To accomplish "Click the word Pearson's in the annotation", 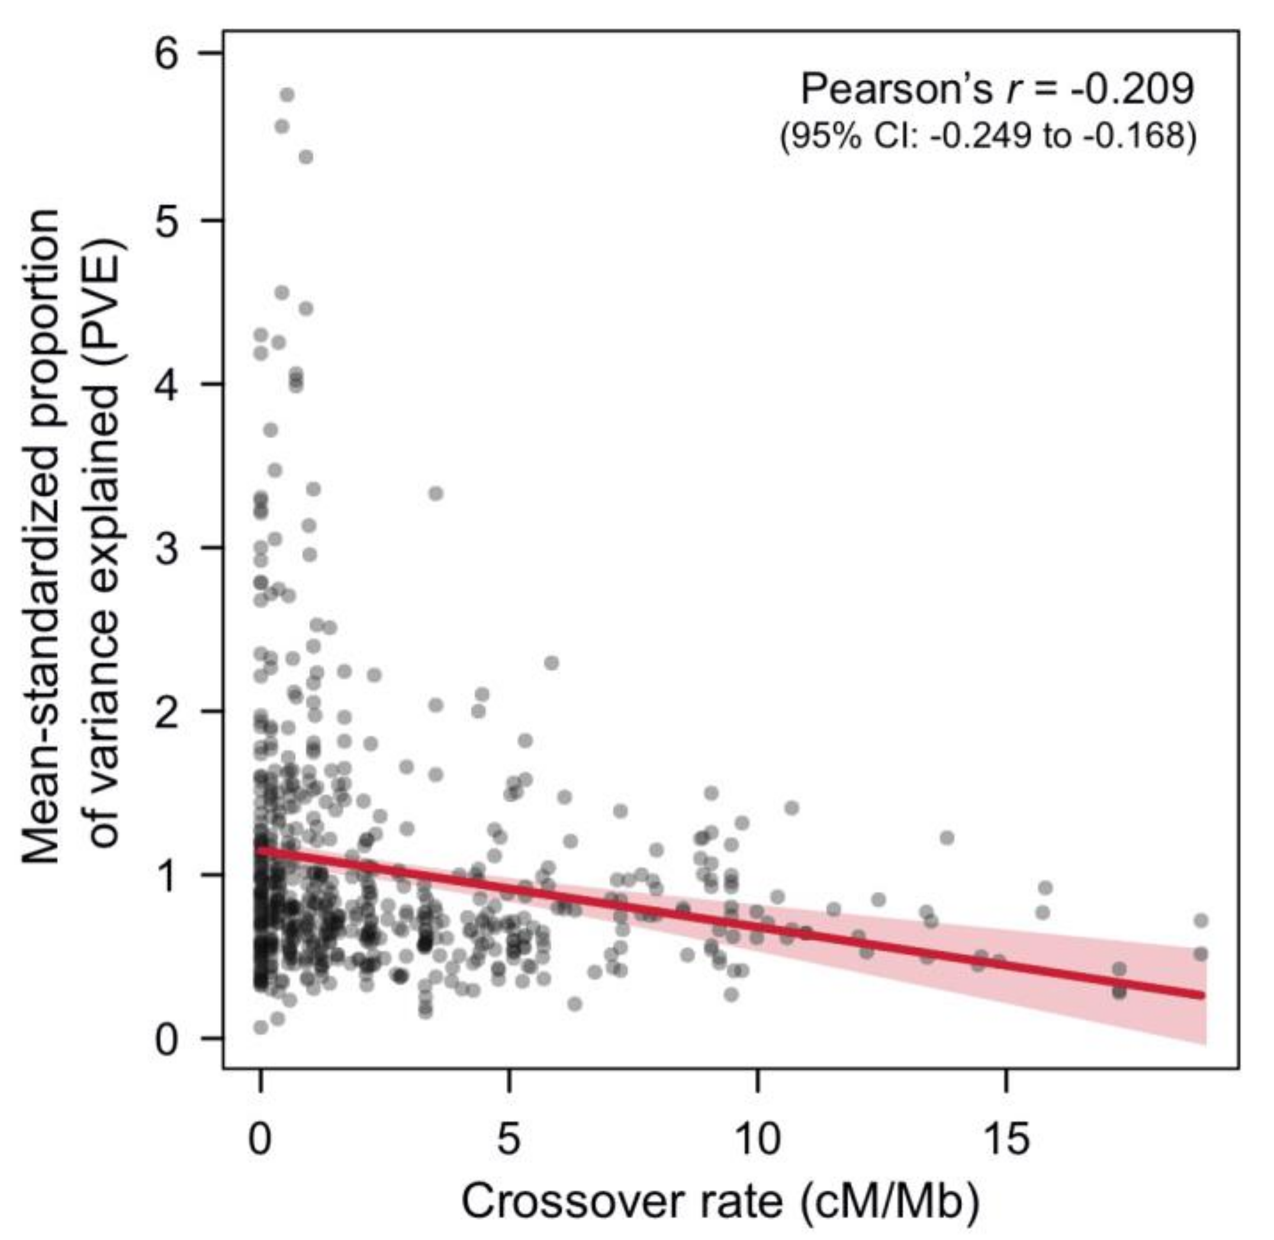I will pyautogui.click(x=895, y=89).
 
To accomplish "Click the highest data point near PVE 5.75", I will pyautogui.click(x=287, y=95).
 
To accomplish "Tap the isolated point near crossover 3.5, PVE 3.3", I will pyautogui.click(x=436, y=493).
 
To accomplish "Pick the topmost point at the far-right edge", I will pyautogui.click(x=1201, y=920).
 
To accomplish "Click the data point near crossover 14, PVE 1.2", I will pyautogui.click(x=947, y=838).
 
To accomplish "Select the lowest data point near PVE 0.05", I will pyautogui.click(x=260, y=1027).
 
